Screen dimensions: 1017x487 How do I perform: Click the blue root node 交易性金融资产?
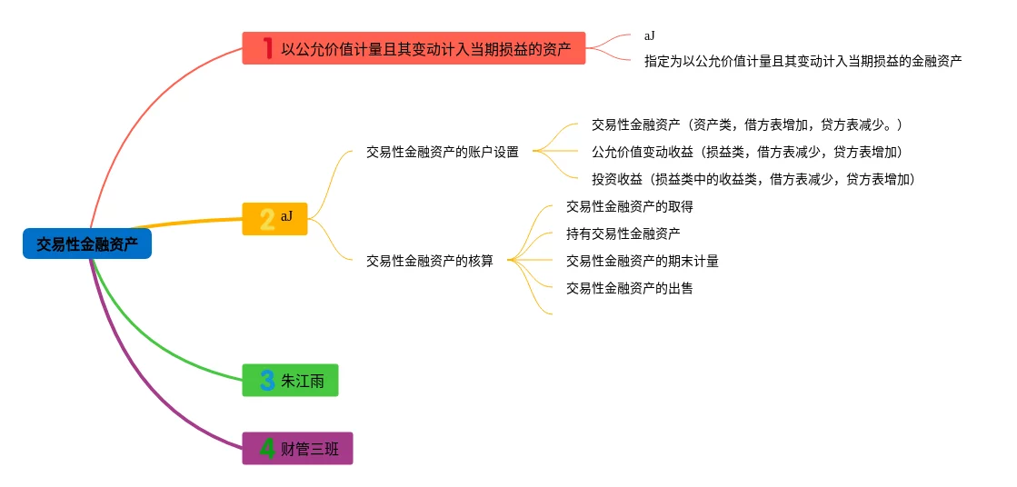tap(87, 243)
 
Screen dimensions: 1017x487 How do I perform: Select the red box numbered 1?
tap(414, 48)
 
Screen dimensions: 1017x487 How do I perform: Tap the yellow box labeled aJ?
tap(274, 218)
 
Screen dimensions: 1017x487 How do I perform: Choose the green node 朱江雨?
tap(290, 380)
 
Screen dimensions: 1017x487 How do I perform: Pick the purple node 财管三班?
tap(297, 448)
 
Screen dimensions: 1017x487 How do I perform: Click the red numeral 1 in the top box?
tap(267, 48)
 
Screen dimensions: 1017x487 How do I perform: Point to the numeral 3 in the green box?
tap(267, 380)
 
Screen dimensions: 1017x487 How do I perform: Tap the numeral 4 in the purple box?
tap(267, 448)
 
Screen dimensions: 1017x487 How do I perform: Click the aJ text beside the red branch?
tap(649, 35)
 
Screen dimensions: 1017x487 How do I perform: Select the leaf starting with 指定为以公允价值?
tap(803, 61)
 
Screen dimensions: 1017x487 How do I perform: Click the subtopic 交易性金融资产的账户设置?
tap(442, 152)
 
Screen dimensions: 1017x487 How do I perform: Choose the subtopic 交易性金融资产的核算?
tap(429, 261)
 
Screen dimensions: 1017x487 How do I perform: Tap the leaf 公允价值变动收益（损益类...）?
tap(746, 152)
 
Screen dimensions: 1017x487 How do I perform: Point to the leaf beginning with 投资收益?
tap(753, 179)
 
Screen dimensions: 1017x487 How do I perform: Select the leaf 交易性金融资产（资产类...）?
tap(746, 124)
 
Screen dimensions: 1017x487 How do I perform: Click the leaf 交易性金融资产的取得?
tap(629, 206)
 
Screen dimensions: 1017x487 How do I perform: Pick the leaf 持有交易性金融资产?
tap(623, 234)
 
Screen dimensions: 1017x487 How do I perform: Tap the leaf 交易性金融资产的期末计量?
tap(642, 261)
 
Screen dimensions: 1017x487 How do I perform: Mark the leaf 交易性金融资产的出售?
tap(629, 288)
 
